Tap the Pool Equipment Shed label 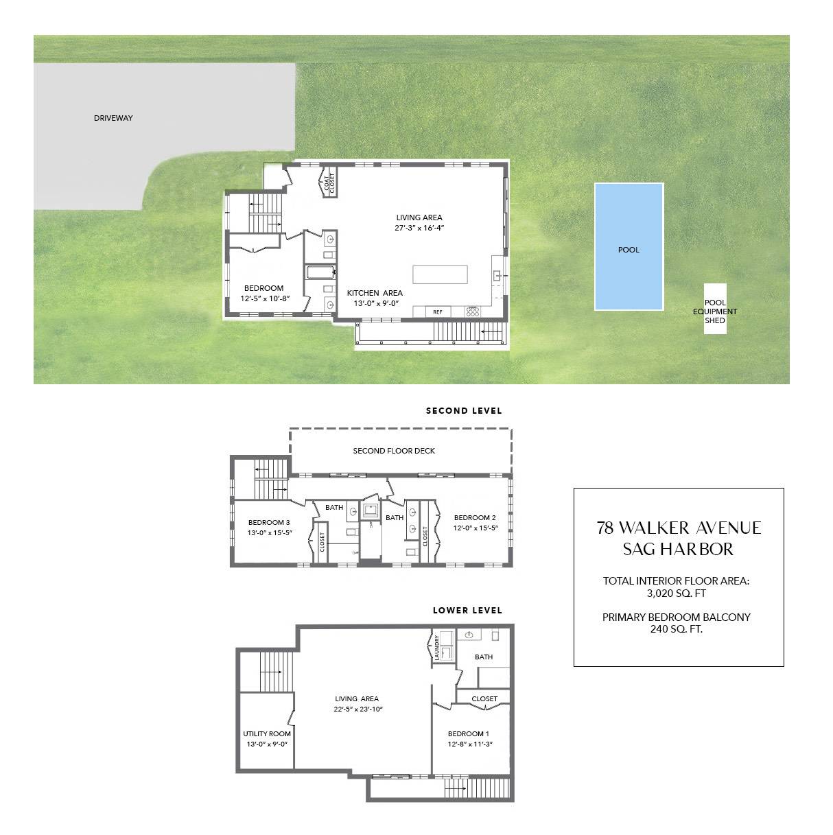point(715,311)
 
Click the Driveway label point(113,118)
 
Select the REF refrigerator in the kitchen point(438,312)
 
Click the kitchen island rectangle point(440,274)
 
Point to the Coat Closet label point(328,183)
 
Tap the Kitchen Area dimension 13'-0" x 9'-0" point(375,303)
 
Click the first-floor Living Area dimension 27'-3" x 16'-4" point(419,228)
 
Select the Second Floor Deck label point(394,451)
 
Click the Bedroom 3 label point(269,522)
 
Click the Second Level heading point(464,411)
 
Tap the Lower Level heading point(467,610)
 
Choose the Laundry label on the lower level point(437,648)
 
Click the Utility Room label point(267,733)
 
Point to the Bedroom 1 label point(469,733)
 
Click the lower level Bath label point(484,657)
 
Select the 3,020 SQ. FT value point(676,593)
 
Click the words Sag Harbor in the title point(678,549)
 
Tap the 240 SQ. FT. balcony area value point(676,628)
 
